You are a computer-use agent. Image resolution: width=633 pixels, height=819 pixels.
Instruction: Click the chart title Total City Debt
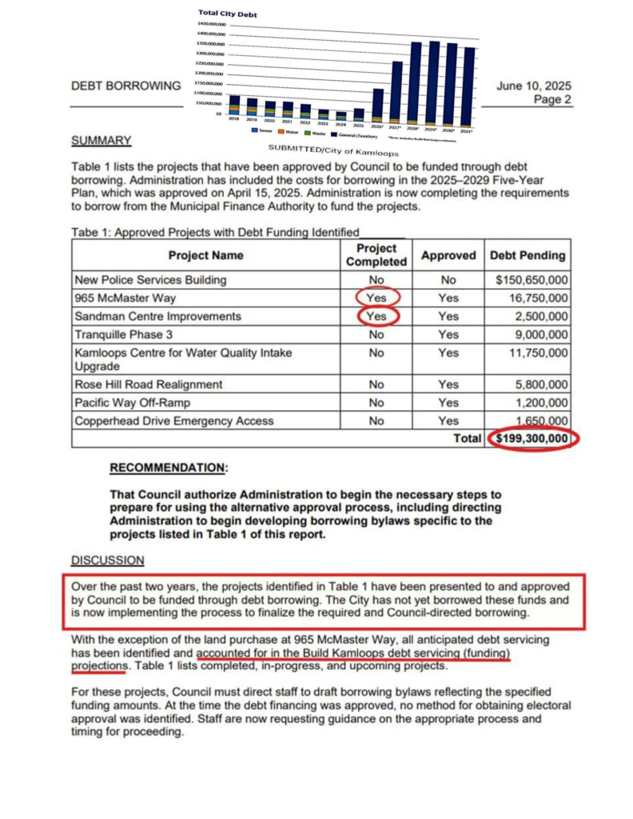click(227, 14)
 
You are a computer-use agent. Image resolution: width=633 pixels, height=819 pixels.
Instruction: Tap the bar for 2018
click(234, 106)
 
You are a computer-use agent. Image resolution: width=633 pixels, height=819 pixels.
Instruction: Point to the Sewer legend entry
click(262, 130)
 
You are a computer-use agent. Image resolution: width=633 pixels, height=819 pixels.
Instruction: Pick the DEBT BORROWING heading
click(126, 86)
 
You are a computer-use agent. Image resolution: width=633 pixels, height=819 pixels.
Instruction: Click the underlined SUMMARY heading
click(102, 140)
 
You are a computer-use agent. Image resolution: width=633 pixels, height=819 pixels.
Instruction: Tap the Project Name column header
click(206, 256)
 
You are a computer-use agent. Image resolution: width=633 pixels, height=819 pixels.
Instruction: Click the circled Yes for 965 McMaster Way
click(376, 298)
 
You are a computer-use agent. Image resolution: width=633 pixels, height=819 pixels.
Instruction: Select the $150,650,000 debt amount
click(531, 280)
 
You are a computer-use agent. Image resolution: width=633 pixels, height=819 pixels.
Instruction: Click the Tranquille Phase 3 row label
click(123, 334)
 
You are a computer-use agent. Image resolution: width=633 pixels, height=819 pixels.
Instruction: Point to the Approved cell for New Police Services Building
click(448, 280)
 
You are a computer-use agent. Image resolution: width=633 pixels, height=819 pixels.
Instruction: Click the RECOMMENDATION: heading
click(168, 467)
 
